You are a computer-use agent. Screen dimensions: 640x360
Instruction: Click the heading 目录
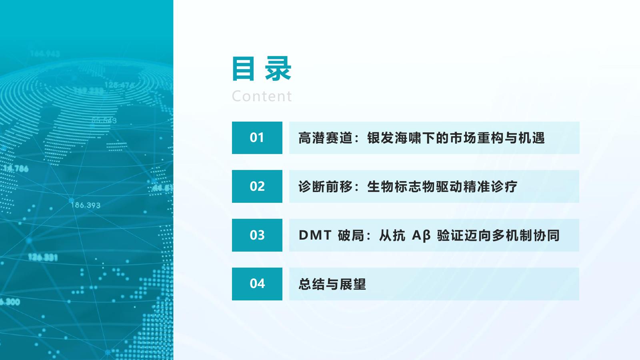coord(262,68)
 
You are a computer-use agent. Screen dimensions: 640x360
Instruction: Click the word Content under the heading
coord(262,96)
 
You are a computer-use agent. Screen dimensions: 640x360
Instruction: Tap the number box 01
coord(257,138)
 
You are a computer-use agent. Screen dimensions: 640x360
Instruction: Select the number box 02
coord(257,186)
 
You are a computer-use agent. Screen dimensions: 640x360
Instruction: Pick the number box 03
coord(257,235)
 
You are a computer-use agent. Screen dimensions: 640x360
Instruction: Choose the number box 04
coord(257,284)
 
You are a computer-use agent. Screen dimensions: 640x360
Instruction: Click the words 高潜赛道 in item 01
coord(326,138)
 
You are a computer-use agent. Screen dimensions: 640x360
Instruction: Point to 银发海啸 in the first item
coord(394,138)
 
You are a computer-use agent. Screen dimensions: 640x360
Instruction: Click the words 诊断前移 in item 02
coord(326,186)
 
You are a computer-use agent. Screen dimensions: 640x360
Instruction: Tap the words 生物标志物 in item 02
coord(401,186)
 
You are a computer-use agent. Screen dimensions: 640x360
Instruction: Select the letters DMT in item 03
coord(315,236)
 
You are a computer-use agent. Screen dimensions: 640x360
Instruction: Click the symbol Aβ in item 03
coord(421,236)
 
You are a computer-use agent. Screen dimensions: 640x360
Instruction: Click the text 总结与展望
coord(332,284)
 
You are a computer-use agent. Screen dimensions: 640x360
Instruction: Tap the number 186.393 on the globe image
coord(86,205)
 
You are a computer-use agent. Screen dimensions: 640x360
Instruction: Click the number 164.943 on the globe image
coord(45,54)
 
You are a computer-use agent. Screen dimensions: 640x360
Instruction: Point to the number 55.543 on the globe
coord(104,120)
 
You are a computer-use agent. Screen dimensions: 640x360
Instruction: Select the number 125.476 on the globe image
coord(119,85)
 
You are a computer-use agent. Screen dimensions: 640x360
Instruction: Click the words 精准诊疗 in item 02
coord(490,186)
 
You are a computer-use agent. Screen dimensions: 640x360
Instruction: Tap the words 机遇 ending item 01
coord(532,138)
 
